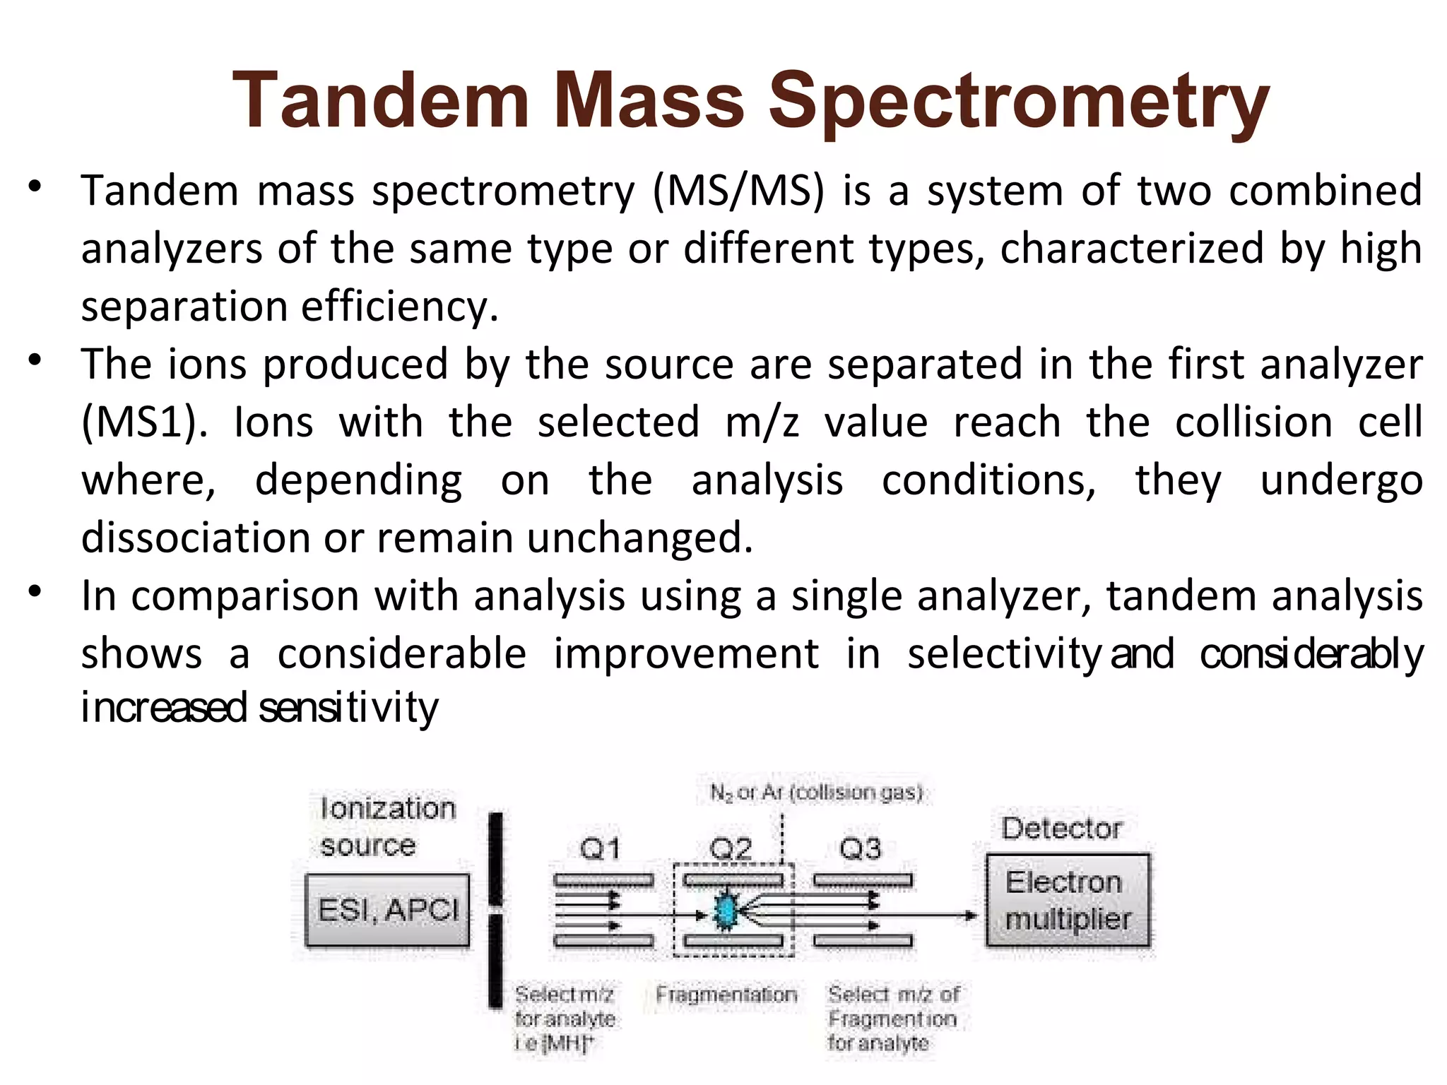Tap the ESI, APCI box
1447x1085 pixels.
pos(387,910)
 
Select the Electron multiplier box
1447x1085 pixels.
pos(1068,901)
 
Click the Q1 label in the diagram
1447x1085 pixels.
pos(600,848)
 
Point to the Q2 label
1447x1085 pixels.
pos(731,848)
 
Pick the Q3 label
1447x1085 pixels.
pos(861,848)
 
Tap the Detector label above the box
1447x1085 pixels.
pos(1061,829)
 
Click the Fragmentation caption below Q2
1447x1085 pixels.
pos(726,995)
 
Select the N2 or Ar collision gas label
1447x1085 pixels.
pos(816,793)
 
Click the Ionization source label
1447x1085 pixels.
pos(387,826)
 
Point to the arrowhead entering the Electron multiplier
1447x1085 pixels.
pos(971,915)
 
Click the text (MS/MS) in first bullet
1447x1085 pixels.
pos(738,191)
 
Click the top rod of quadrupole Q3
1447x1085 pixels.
pos(863,881)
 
